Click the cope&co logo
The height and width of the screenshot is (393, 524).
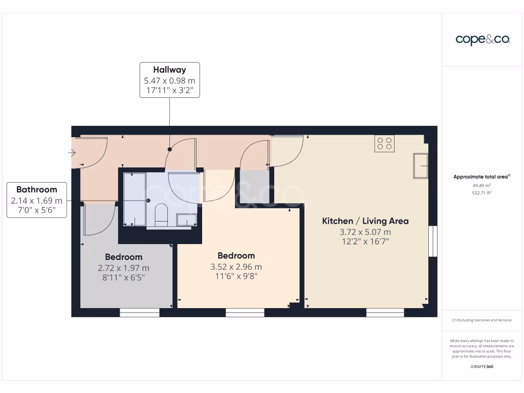click(x=483, y=40)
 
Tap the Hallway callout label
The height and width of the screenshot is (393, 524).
click(x=169, y=80)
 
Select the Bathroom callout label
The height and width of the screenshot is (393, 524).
click(x=36, y=200)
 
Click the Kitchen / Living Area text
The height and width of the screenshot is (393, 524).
click(x=365, y=221)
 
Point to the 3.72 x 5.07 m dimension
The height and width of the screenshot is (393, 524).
click(x=365, y=232)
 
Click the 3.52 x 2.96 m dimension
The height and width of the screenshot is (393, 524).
click(x=236, y=267)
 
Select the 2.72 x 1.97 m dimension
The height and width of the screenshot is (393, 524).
click(x=123, y=268)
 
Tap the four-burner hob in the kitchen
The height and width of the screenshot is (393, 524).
click(x=385, y=143)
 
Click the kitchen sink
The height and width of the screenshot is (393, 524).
click(x=421, y=165)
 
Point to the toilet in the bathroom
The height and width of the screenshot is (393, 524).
click(x=161, y=213)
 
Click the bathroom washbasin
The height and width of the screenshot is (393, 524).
click(x=187, y=220)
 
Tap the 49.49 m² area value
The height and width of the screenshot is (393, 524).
click(x=482, y=185)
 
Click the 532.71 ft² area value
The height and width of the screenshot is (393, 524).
click(x=482, y=193)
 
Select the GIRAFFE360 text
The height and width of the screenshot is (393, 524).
click(x=482, y=366)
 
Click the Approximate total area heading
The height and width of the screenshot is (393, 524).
click(x=482, y=177)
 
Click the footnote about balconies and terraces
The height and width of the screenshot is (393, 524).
click(x=482, y=320)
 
